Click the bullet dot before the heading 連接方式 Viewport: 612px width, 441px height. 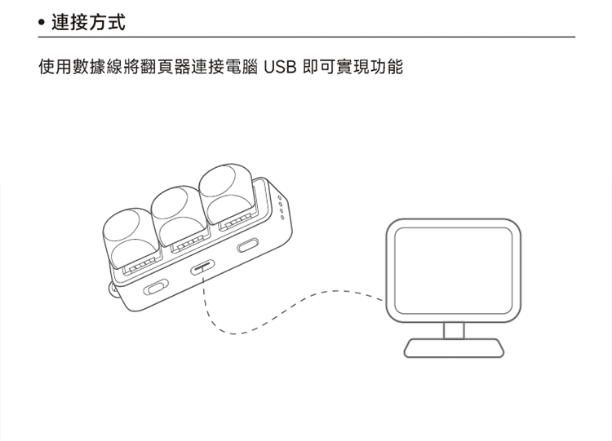coord(42,23)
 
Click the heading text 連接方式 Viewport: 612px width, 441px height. coord(87,22)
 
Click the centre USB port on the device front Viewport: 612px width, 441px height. coord(202,268)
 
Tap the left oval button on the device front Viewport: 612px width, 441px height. coord(156,287)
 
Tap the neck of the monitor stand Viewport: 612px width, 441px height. coord(454,330)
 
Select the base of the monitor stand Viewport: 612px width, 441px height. coord(454,348)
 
